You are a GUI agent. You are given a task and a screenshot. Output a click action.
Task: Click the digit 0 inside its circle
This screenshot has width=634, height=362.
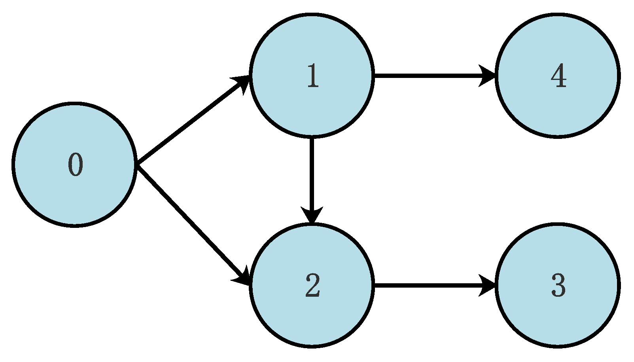point(76,165)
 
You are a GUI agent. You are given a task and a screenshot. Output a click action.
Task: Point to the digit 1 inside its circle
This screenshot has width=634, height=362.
point(313,76)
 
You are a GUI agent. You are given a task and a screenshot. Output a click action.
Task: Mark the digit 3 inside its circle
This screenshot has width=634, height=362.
point(558,285)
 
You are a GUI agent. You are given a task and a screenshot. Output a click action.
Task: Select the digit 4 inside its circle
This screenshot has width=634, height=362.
point(558,76)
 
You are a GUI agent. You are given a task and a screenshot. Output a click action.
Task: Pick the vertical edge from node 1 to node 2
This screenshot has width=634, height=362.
point(312,174)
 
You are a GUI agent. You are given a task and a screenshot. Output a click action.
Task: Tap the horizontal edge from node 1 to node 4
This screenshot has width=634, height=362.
point(427,76)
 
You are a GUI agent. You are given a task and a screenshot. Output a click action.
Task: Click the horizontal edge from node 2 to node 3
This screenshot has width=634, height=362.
point(427,285)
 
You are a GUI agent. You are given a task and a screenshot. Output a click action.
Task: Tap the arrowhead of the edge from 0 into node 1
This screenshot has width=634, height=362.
point(242,81)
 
